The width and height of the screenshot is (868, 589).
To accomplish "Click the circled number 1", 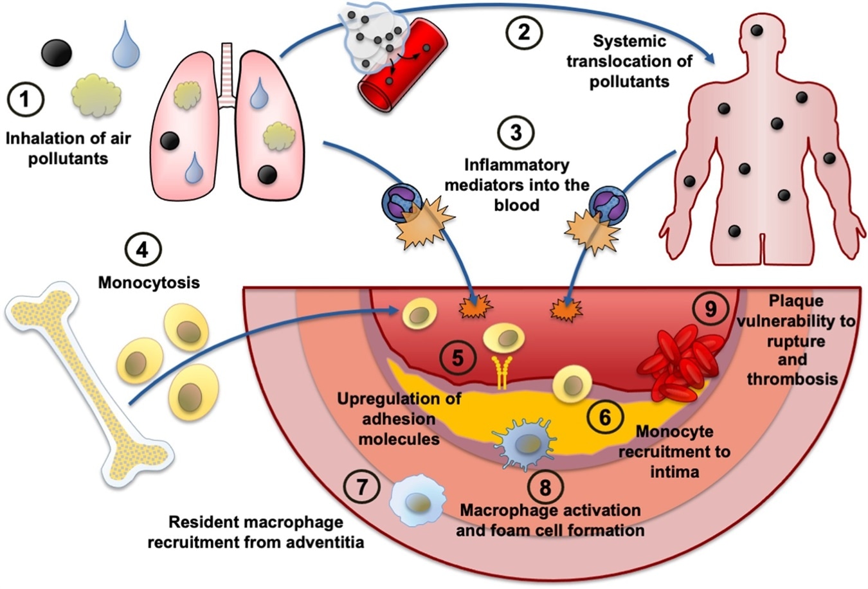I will coord(25,100).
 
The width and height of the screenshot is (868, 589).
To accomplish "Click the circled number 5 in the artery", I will coord(457,358).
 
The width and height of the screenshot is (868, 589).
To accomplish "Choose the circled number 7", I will coord(362,487).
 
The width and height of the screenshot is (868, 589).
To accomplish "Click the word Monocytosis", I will coord(149,282).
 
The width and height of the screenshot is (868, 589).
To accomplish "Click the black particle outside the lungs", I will coord(57,53).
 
